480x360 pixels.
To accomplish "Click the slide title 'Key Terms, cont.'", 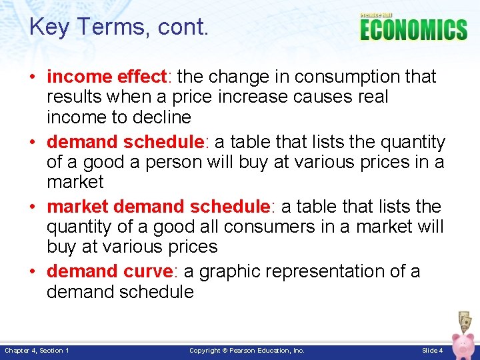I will click(119, 27).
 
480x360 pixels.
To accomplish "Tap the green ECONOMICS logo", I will click(413, 30).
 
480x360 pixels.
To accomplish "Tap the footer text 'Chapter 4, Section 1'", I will click(37, 350).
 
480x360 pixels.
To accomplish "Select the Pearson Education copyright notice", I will click(247, 350).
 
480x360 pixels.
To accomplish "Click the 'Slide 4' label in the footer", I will click(432, 350).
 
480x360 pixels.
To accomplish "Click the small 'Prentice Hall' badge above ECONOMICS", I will click(377, 15).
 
